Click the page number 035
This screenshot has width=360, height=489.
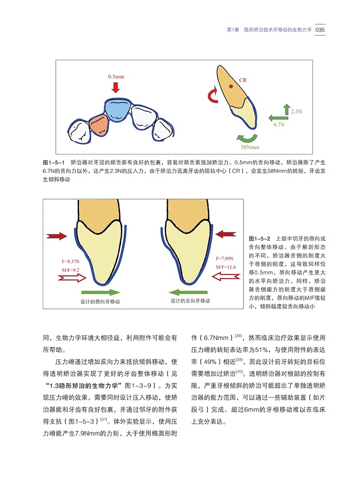tap(320, 30)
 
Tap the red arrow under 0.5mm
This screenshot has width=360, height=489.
tap(116, 87)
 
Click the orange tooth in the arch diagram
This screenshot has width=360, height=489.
tap(99, 125)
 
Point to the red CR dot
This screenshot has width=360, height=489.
tap(231, 86)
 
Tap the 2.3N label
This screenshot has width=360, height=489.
tap(297, 111)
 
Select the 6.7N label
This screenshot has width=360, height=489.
tap(279, 124)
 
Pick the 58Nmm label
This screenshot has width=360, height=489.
tap(250, 147)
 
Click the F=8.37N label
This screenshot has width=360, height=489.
tap(71, 261)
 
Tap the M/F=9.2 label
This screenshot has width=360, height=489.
tap(71, 270)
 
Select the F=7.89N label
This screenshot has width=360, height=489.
tap(225, 258)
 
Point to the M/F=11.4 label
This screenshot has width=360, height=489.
tap(225, 267)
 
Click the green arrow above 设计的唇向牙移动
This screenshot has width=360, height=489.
tap(101, 292)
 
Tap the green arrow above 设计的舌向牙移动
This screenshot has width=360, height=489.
tap(188, 292)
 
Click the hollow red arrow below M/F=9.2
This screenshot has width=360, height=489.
tap(72, 277)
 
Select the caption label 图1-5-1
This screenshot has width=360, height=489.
tap(54, 163)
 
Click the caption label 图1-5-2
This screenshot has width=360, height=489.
tap(259, 239)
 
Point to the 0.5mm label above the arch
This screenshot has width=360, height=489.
tap(116, 77)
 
